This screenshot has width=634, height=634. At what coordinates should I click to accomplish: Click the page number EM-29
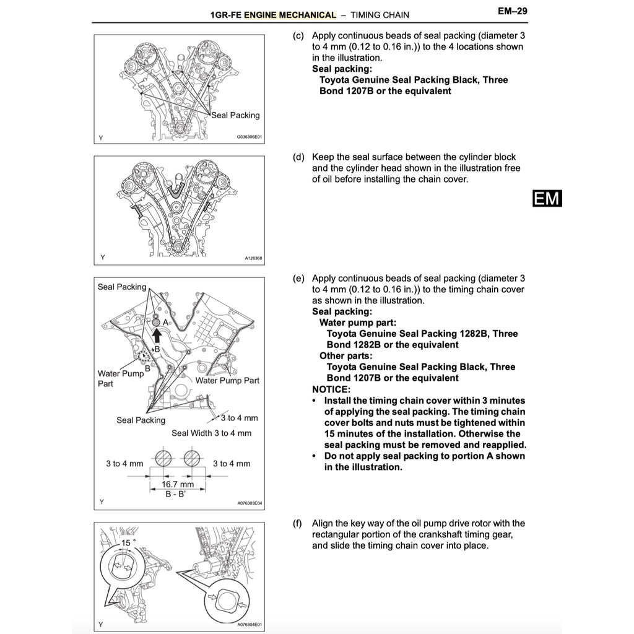[511, 11]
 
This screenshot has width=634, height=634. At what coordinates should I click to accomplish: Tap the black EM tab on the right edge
[547, 198]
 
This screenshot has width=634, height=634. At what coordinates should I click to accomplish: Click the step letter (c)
[298, 36]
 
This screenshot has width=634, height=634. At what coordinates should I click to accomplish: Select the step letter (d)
[298, 157]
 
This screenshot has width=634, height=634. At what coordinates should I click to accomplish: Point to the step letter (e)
[298, 279]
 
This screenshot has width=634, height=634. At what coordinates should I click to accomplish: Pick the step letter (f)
[298, 524]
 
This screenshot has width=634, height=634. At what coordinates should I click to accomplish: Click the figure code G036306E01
[250, 138]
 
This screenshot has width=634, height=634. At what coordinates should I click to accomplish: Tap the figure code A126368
[253, 258]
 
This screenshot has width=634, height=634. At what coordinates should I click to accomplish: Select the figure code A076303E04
[250, 503]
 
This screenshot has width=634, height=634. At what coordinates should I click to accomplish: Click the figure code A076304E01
[250, 625]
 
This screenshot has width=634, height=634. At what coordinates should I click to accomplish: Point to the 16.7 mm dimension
[177, 484]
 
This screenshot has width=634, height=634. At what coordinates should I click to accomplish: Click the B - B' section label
[176, 495]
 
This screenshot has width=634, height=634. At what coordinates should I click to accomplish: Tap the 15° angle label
[128, 542]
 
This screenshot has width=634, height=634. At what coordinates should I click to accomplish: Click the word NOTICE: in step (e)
[331, 389]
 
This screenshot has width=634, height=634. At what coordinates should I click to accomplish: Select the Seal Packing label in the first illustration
[235, 115]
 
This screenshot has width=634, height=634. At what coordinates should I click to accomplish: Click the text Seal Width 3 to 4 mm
[212, 433]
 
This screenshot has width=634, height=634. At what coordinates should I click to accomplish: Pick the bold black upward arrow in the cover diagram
[157, 335]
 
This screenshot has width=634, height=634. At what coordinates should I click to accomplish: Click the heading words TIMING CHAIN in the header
[379, 14]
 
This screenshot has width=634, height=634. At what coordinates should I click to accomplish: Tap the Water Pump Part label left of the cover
[120, 378]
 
